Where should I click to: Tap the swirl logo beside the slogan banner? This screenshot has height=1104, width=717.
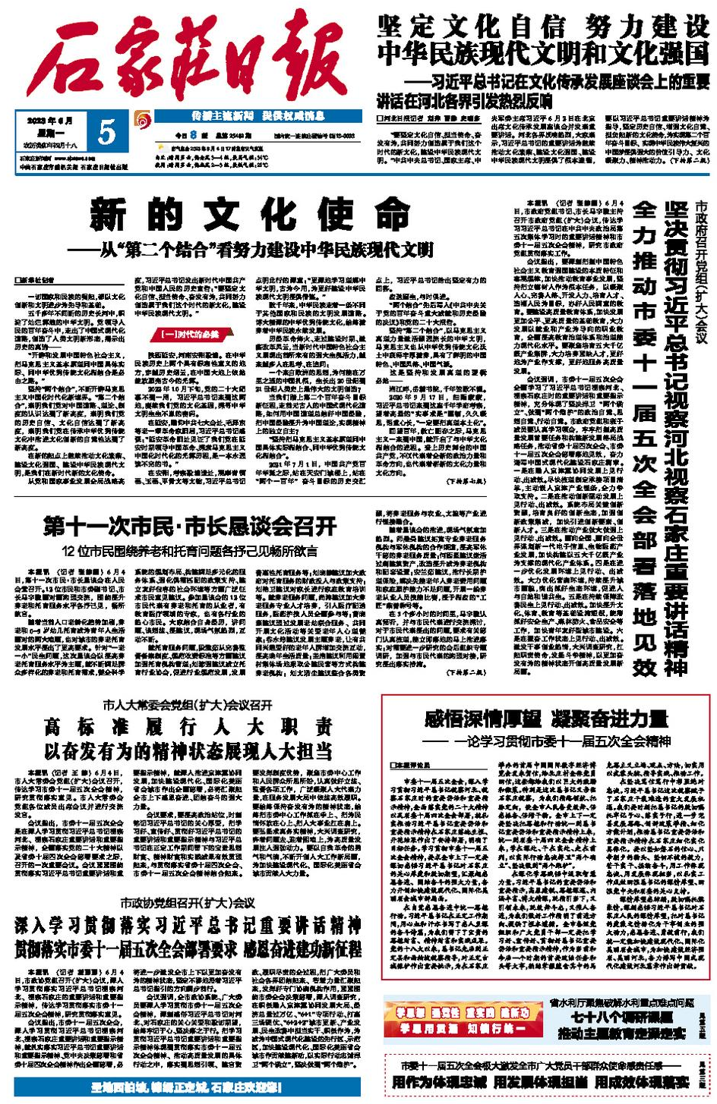point(141,119)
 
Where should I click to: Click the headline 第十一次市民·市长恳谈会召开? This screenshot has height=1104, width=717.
point(190,525)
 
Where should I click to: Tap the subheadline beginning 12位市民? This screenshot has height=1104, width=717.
point(190,550)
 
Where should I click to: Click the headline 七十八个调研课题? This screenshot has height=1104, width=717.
point(619,1018)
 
